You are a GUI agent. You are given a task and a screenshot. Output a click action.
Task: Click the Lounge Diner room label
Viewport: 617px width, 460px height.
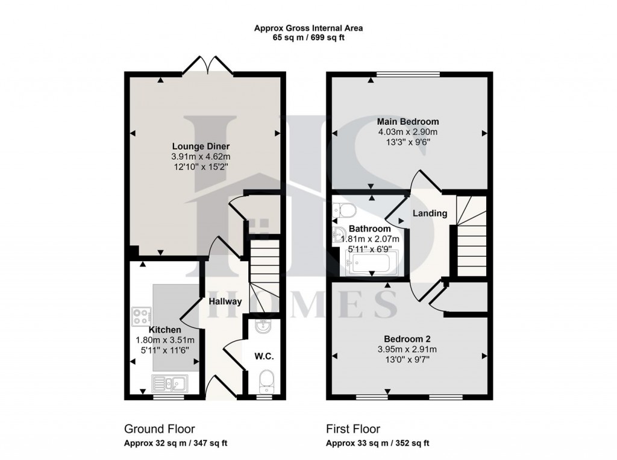point(201,147)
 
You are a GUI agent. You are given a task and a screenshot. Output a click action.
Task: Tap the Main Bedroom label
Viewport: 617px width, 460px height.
point(408,122)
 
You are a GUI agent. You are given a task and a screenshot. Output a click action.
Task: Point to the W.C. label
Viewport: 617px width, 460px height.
point(265,356)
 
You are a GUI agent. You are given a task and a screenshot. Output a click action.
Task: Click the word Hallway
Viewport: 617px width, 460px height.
point(225,301)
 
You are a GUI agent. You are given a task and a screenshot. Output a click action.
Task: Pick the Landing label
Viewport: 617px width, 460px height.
point(430,213)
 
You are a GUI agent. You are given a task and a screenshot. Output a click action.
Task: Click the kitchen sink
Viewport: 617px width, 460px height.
point(170,382)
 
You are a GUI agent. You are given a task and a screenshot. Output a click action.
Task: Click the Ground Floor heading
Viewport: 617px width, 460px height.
point(159,429)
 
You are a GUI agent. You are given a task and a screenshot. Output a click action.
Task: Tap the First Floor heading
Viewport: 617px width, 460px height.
point(353,429)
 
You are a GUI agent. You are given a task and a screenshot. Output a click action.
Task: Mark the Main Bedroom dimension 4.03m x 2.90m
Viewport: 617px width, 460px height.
point(408,132)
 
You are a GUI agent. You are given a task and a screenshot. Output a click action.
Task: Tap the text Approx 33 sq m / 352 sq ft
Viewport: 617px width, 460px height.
point(377,443)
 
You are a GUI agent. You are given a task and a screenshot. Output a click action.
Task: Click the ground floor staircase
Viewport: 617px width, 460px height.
point(263,265)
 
